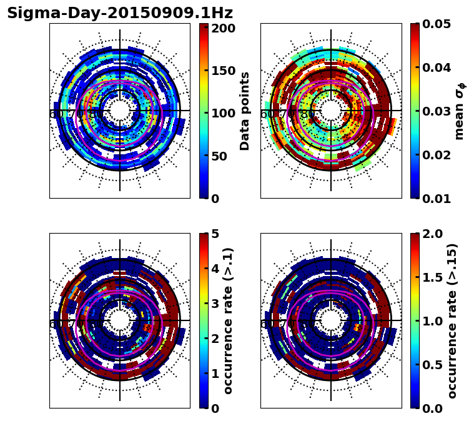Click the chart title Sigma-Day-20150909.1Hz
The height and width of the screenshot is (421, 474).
tap(119, 13)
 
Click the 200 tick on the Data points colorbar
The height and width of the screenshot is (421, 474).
tap(223, 28)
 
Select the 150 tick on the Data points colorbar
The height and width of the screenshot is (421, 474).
tap(223, 71)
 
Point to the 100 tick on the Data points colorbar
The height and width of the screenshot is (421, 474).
tap(223, 113)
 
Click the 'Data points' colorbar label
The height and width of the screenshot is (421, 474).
tap(245, 111)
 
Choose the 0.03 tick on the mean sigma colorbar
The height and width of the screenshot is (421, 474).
tap(438, 111)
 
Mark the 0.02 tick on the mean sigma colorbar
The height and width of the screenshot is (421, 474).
tap(438, 155)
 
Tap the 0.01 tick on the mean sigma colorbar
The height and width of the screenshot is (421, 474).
tap(438, 199)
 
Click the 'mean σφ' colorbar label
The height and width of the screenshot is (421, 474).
tap(460, 111)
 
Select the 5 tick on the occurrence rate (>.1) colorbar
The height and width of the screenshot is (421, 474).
tap(214, 234)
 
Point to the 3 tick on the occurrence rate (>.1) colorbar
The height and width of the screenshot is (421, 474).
tap(214, 304)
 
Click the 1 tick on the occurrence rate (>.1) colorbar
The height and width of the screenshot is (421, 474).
tap(214, 374)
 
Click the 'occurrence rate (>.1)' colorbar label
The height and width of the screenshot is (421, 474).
tap(229, 320)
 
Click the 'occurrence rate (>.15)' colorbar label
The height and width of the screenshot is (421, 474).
tap(452, 320)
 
